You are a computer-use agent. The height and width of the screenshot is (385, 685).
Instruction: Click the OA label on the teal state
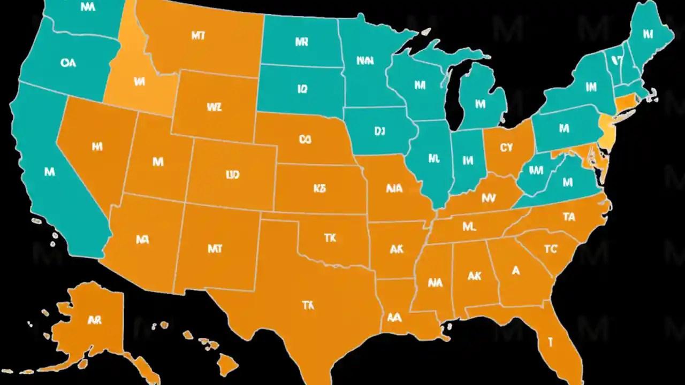[68, 63]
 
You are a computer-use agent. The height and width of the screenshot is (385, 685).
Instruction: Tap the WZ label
[214, 107]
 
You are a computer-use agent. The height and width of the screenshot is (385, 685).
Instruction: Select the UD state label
[232, 175]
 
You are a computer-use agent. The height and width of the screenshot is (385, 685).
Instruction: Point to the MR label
[301, 42]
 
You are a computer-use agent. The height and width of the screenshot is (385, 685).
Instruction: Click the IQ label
[302, 89]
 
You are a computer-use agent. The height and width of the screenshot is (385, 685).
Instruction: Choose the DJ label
[379, 131]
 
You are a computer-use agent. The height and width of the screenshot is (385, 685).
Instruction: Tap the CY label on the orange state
[506, 148]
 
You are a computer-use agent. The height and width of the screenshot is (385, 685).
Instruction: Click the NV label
[488, 198]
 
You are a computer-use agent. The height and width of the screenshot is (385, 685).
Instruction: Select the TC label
[551, 249]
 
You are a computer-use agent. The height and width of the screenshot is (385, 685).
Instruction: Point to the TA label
[568, 217]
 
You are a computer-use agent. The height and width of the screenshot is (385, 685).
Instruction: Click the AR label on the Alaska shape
[94, 320]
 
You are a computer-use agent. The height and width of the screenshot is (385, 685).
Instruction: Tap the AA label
[394, 317]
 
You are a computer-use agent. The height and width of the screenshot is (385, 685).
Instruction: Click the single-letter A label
[515, 271]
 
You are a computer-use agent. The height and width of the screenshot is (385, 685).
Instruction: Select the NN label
[365, 61]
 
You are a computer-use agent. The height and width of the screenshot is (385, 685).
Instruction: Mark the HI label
[97, 147]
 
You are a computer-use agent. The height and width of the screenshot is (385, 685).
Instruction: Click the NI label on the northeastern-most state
[648, 34]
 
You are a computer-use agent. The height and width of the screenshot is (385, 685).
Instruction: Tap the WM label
[536, 171]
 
